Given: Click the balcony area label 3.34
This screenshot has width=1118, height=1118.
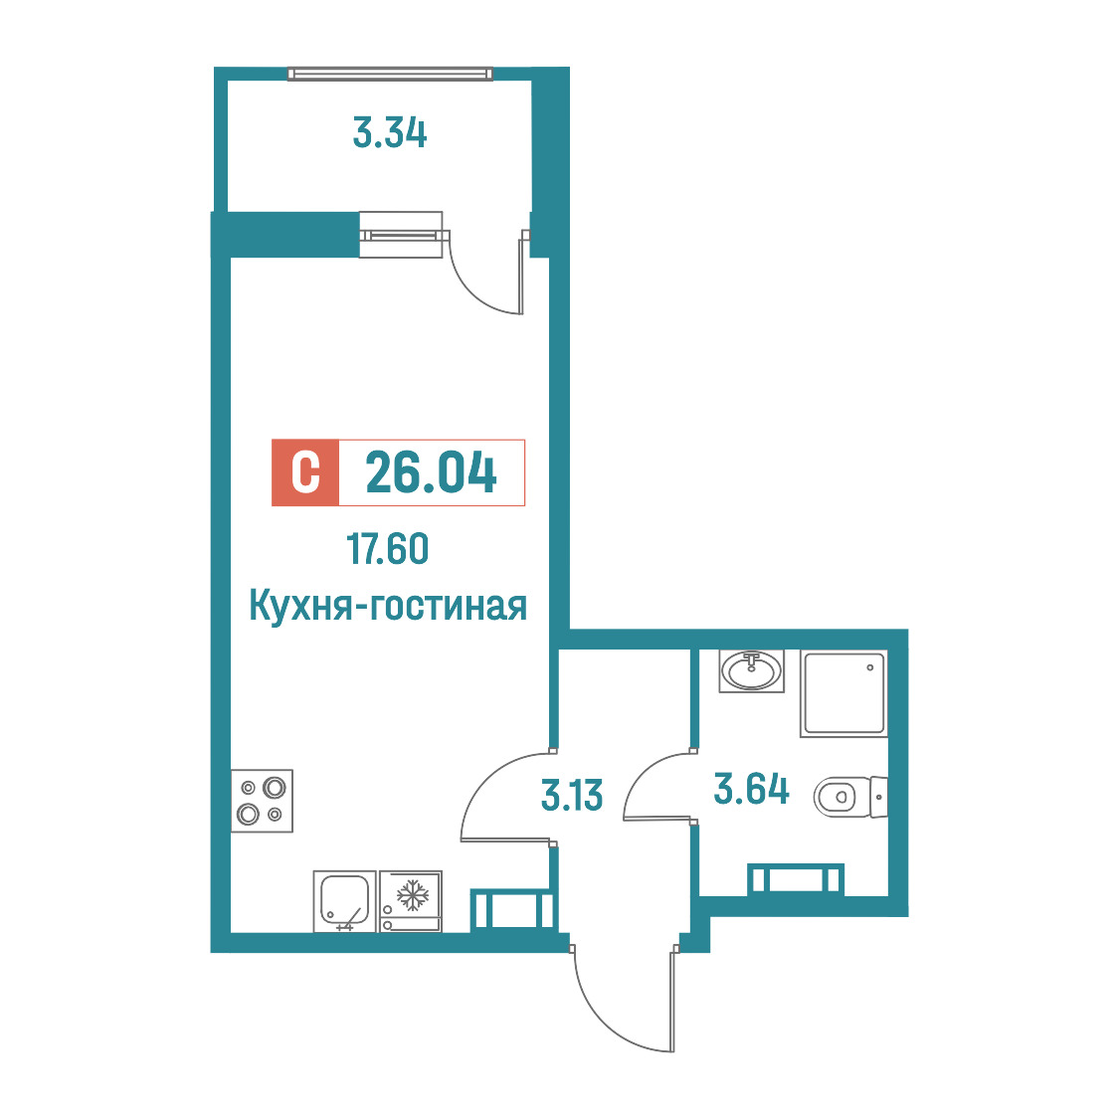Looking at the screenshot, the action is (390, 133).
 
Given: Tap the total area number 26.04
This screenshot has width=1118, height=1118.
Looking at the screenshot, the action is (431, 472).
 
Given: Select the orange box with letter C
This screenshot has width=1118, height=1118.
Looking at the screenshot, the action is (305, 472).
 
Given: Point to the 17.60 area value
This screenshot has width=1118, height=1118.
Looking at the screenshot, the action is (388, 548).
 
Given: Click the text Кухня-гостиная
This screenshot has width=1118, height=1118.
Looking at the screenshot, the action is (388, 606).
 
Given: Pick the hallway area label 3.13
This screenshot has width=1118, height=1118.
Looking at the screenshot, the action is (572, 795).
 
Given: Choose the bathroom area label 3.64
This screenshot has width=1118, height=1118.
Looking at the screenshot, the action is (752, 790).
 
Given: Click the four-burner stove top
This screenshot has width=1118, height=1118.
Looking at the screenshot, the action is (262, 801).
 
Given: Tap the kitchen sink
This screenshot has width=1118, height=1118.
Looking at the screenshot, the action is (344, 901).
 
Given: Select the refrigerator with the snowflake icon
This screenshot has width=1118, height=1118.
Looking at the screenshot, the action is (411, 901).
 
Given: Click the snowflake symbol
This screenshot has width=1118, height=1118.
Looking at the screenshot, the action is (412, 895).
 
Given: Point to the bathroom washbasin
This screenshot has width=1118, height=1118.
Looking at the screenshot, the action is (752, 671).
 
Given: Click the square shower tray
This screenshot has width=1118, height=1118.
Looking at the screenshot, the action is (844, 693).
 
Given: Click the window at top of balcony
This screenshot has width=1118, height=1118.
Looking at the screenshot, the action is (390, 74).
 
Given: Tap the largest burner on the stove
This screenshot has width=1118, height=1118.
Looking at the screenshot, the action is (275, 788).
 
